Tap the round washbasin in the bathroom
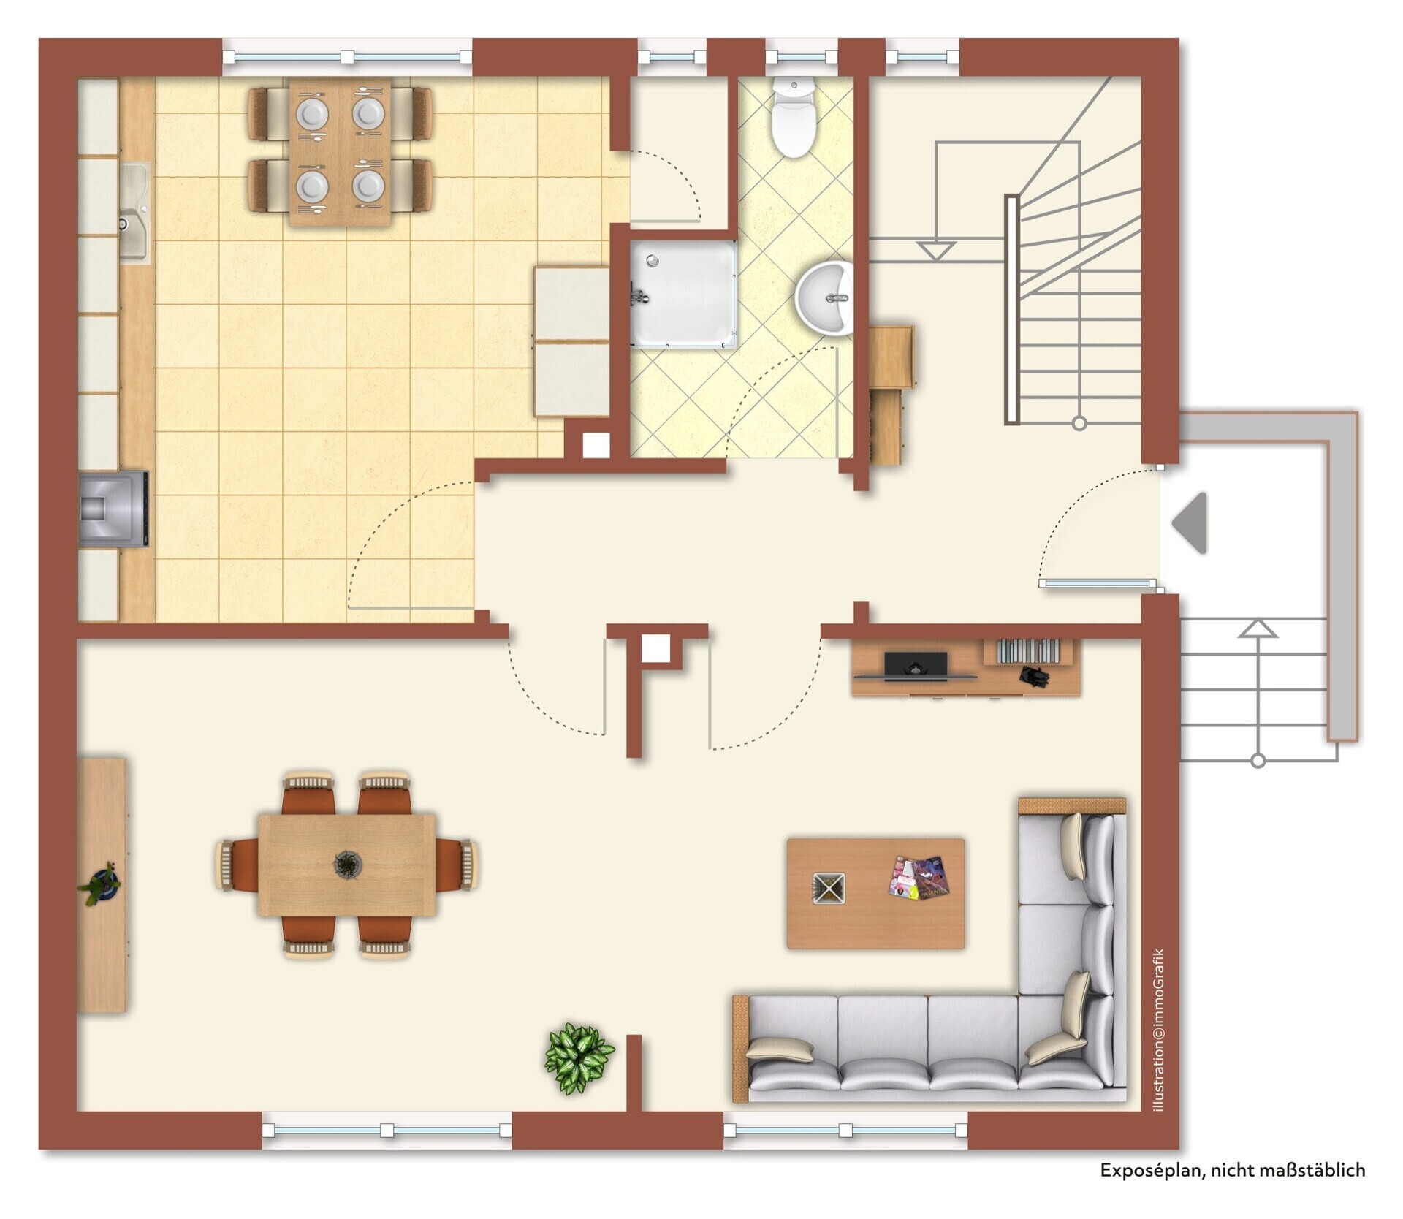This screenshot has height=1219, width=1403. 824,300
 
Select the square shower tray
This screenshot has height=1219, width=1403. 685,293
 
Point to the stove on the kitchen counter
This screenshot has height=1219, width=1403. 114,509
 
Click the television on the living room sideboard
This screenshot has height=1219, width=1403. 916,666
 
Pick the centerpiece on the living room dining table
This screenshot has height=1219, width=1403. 346,865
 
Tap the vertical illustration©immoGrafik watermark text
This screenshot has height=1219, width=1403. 1158,1041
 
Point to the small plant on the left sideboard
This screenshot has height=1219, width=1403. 100,884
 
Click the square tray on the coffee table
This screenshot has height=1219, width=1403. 829,888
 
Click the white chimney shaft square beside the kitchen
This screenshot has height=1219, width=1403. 596,445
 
